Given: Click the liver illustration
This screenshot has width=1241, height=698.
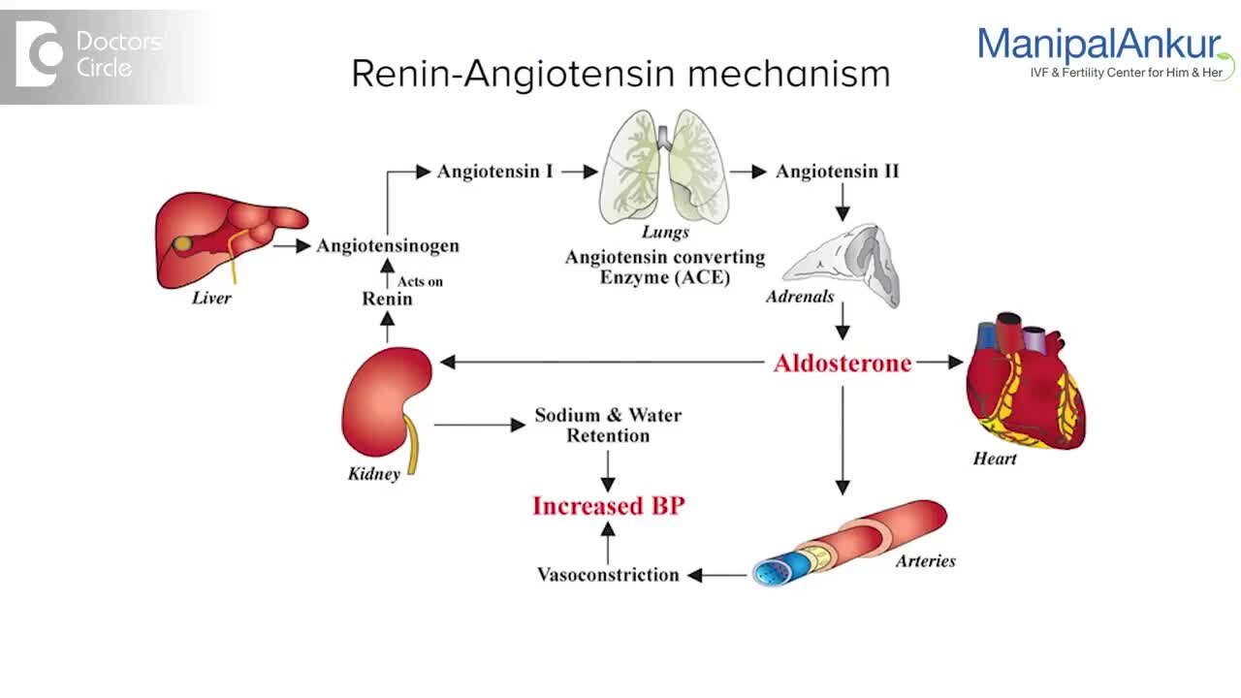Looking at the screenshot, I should coord(228,238).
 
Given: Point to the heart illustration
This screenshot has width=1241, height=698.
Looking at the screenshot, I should coord(1024,382).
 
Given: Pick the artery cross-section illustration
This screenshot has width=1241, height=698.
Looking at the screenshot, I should coord(849,544).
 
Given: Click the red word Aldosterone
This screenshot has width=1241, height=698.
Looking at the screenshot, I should coord(843,364).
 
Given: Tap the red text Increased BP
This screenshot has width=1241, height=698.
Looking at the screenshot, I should coord(608,506).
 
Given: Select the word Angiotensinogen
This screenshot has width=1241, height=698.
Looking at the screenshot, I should coord(388,246).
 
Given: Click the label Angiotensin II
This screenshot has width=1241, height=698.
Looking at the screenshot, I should coord(837,172).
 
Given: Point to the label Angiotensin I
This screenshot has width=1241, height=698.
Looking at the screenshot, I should coord(494,172).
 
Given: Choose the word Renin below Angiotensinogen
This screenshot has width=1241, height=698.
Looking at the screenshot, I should coord(387,299).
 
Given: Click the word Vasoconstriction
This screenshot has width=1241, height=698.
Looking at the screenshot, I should coord(608,575).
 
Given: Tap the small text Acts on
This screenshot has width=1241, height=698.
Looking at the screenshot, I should coord(420,281).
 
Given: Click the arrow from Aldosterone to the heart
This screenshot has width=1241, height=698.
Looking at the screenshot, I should coord(939,363).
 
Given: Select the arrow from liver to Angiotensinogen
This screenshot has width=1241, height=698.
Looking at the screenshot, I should coord(291,246).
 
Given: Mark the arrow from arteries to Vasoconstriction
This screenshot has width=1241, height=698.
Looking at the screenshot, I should coord(717,575).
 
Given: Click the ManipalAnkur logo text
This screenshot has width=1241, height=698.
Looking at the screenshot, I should coord(1098,46).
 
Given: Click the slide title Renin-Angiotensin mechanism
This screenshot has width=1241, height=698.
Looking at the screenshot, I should coord(620,74).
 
